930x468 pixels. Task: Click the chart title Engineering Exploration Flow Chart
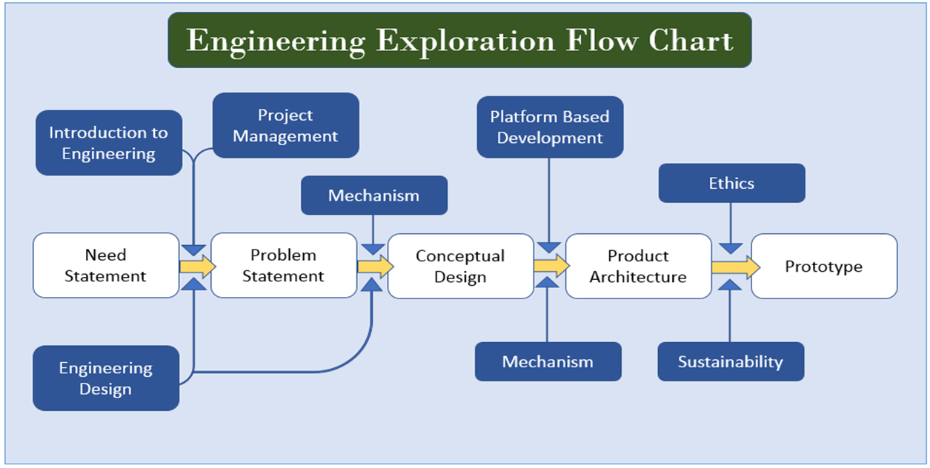point(459,40)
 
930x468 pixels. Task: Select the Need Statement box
point(105,266)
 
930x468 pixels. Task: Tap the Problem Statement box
point(283,266)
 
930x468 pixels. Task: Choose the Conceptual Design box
point(460,267)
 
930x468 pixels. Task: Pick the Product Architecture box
point(638,267)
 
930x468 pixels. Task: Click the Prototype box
point(824,267)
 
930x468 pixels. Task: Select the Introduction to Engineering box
point(108,143)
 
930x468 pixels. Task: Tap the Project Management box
point(285,125)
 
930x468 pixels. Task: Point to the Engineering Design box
point(106,378)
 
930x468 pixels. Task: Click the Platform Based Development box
point(550,127)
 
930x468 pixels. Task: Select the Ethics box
point(731,183)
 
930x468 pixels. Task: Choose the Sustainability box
point(731,361)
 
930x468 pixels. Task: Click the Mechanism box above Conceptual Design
point(373,195)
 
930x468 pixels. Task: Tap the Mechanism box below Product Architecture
point(548,361)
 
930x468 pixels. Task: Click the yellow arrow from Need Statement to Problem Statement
point(196,265)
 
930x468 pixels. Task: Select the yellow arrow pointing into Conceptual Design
point(374,265)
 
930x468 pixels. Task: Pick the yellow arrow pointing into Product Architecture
point(551,265)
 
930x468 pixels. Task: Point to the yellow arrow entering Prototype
point(734,266)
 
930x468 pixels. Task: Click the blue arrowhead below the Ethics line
point(731,248)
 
